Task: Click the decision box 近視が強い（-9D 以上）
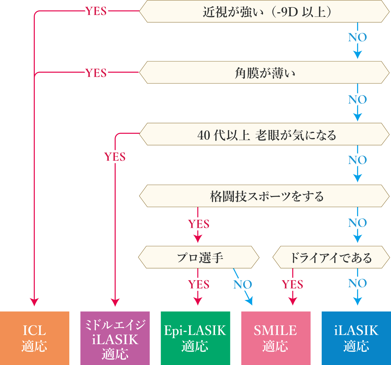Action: tap(265, 12)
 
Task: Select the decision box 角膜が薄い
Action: tap(265, 73)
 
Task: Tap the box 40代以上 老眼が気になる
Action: tap(265, 134)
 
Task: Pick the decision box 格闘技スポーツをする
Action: tap(265, 196)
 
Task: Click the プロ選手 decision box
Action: tap(199, 257)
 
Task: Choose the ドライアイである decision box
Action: tap(331, 257)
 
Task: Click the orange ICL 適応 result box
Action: tap(35, 338)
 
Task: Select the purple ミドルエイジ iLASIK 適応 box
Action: tap(115, 338)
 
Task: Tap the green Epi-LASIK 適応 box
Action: tap(195, 338)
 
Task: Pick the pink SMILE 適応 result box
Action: tap(276, 338)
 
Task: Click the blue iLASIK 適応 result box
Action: tap(356, 338)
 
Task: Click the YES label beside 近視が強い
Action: tap(96, 11)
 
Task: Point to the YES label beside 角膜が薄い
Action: tap(96, 73)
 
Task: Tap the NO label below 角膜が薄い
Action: tap(357, 100)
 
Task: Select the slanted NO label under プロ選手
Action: tap(243, 284)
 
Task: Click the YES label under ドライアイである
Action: tap(292, 284)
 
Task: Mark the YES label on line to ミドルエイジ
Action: tap(115, 157)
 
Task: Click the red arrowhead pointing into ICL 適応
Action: tap(35, 302)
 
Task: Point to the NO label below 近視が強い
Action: tap(357, 38)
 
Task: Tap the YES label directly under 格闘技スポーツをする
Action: tap(199, 224)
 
